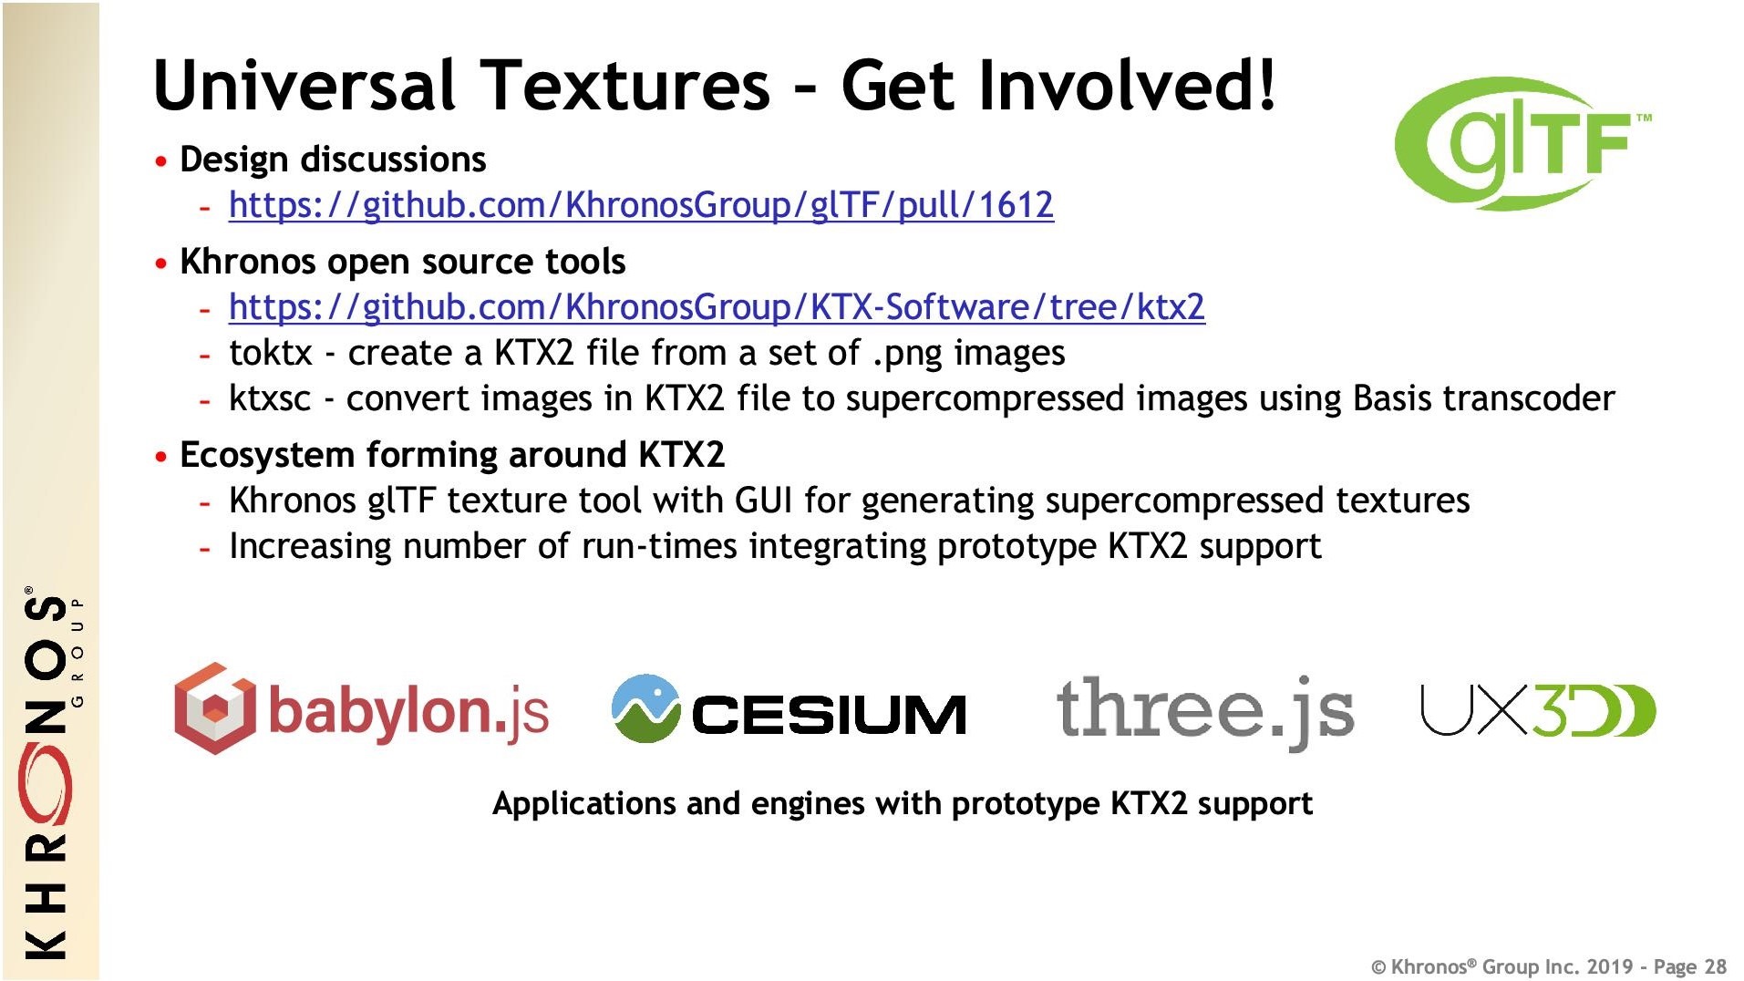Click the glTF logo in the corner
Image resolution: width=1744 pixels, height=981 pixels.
coord(1522,143)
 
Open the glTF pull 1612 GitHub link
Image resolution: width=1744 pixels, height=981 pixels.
coord(641,205)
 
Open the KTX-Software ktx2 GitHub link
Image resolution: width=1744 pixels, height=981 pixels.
coord(717,307)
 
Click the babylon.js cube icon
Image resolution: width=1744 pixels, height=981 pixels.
coord(214,708)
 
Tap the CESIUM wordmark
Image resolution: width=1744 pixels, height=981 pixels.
coord(829,714)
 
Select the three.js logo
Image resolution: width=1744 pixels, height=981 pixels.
coord(1204,711)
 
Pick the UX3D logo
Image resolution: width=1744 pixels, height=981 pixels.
coord(1538,710)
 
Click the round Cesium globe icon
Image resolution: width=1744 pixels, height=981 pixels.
coord(645,708)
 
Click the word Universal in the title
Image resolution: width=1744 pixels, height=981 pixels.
coord(304,85)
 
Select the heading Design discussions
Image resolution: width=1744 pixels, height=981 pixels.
coord(333,160)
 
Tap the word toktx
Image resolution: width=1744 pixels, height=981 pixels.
coord(271,353)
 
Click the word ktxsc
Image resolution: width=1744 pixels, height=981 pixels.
coord(270,399)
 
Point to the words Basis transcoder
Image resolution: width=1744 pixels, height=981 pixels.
coord(1483,399)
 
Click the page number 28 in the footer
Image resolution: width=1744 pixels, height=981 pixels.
coord(1715,966)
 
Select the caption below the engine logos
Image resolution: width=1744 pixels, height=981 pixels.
coord(903,803)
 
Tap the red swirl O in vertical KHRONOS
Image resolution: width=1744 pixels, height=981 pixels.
coord(46,784)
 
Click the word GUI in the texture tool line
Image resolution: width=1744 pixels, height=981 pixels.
coord(763,501)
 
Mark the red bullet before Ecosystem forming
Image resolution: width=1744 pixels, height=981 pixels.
coord(161,456)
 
